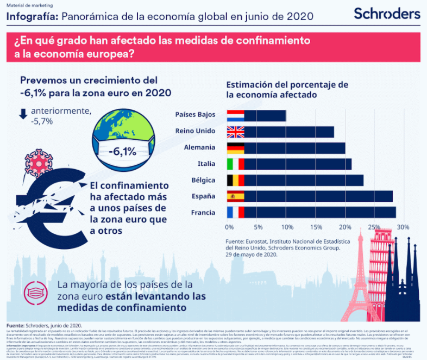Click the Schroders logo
point(387,14)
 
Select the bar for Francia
point(321,213)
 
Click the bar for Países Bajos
point(265,115)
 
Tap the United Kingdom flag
point(236,132)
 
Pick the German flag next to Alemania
point(236,148)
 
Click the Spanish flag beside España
point(236,196)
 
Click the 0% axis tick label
point(229,227)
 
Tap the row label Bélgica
point(202,180)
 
